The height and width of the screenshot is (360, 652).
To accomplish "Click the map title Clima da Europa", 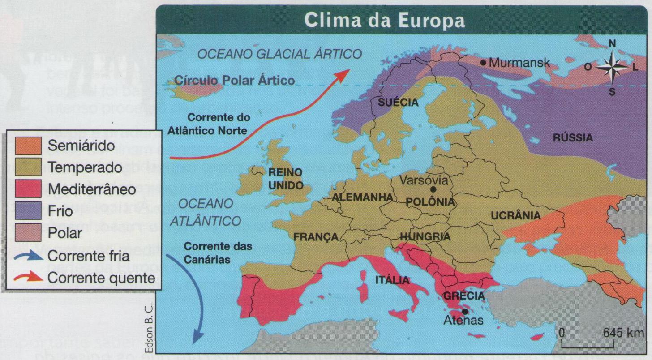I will coord(384,20).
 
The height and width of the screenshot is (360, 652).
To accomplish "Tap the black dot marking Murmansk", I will coord(483,63).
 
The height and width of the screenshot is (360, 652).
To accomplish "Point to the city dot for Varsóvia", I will coord(432,190).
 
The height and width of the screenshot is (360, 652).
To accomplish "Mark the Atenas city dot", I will coord(465,311).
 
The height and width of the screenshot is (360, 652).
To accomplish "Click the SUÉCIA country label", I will coord(398,103).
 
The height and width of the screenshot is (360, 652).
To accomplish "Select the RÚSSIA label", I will coord(573,138).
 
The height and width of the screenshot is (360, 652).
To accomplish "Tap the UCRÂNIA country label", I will coord(515,216).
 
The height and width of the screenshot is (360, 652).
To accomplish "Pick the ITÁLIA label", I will coord(392,280).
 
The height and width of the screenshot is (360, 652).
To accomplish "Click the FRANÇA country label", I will coord(315,237).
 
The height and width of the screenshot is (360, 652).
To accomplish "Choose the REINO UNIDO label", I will coord(285,178).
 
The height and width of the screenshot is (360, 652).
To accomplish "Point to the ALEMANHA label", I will coord(363,197).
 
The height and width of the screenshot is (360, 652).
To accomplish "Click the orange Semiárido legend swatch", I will coord(28,145).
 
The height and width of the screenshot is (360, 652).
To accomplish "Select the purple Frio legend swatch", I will coord(28,211).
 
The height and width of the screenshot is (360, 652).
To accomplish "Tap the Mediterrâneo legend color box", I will coord(28,189).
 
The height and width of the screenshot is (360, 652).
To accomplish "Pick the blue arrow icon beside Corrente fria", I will coord(29,256).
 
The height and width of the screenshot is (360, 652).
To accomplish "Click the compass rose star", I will coord(612,68).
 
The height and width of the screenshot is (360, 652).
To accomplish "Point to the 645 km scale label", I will coord(623,333).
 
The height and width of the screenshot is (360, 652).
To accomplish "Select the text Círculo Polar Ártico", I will coord(235,81).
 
